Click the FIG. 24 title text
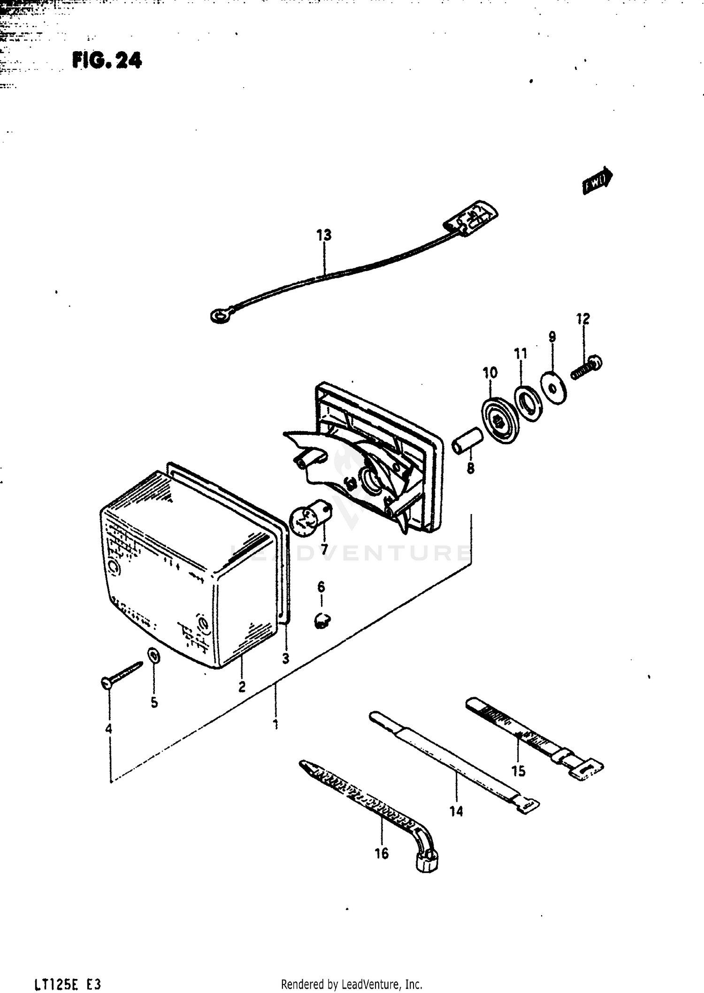pyautogui.click(x=107, y=61)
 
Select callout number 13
pyautogui.click(x=324, y=235)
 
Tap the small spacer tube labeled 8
pyautogui.click(x=467, y=440)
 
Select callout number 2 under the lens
pyautogui.click(x=242, y=687)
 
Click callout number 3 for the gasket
pyautogui.click(x=285, y=659)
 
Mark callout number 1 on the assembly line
pyautogui.click(x=276, y=724)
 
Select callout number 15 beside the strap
pyautogui.click(x=518, y=771)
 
